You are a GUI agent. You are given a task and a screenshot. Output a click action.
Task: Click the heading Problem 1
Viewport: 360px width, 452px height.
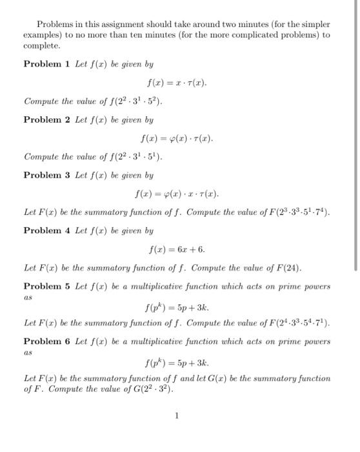click(x=46, y=64)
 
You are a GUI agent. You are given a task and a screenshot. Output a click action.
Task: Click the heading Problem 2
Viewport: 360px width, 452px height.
click(x=46, y=119)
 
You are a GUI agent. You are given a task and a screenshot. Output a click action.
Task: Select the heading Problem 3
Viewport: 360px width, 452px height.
click(x=46, y=175)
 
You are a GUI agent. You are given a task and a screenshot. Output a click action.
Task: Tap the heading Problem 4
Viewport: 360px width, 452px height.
click(x=46, y=231)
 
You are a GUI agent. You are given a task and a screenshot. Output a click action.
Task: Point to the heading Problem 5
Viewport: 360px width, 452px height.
click(x=46, y=286)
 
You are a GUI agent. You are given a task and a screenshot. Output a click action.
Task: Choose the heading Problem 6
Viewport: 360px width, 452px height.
click(x=46, y=342)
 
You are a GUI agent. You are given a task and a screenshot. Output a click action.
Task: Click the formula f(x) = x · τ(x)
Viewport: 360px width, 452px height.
click(x=177, y=83)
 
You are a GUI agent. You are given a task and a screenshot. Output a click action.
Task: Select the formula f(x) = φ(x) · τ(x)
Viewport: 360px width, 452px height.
click(x=177, y=138)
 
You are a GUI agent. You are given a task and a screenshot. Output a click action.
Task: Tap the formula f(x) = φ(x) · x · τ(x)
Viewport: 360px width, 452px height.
click(x=177, y=194)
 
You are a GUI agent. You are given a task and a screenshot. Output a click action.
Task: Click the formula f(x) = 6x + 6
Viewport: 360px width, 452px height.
click(x=177, y=249)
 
